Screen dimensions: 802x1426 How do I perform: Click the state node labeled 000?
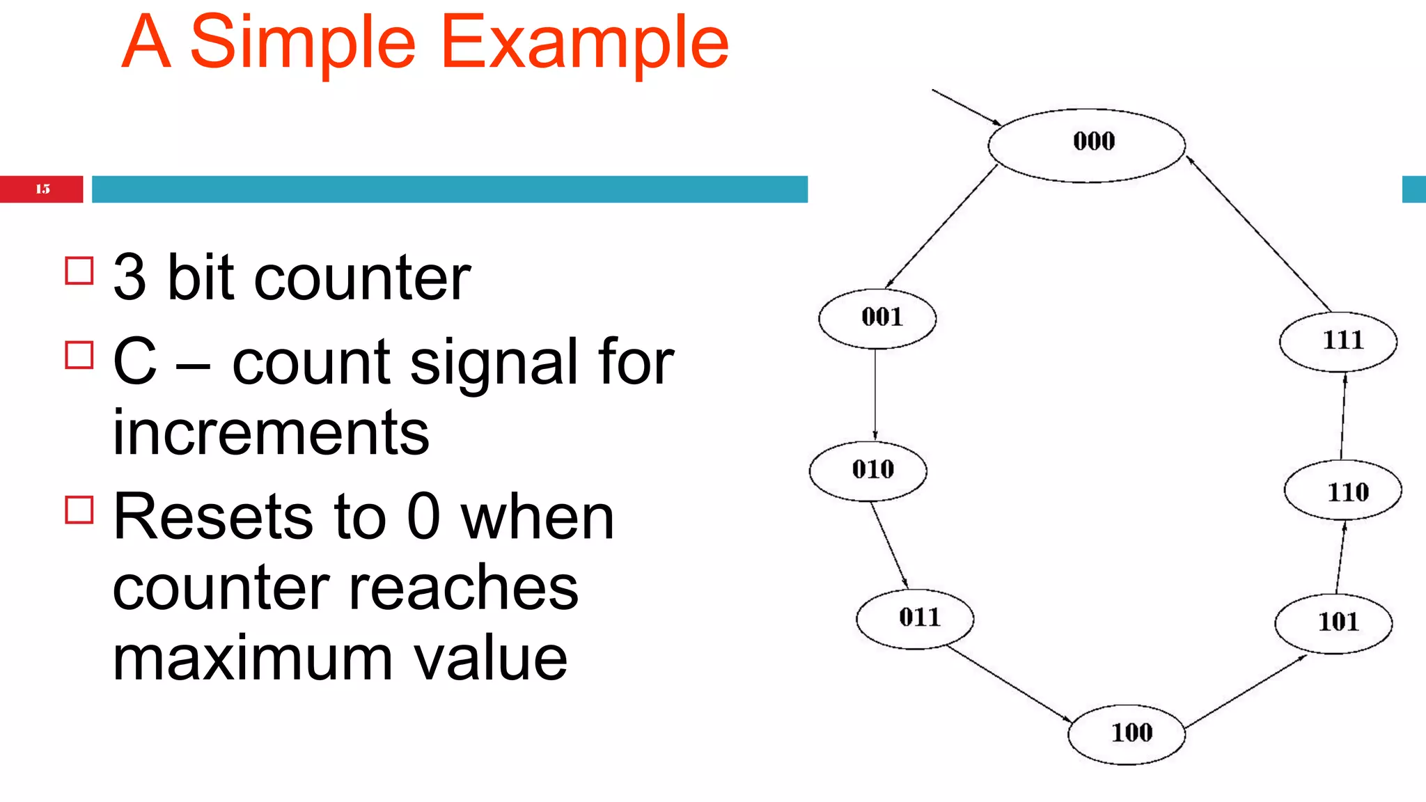(1086, 145)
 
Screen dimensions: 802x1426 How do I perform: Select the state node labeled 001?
(877, 318)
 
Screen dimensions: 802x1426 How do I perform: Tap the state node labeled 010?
(868, 471)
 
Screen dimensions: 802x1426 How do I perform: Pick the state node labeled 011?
(915, 618)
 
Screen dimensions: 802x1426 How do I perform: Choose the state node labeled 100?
(1127, 734)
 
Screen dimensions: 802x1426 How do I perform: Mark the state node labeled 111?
(1338, 341)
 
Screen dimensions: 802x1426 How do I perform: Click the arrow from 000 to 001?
(941, 226)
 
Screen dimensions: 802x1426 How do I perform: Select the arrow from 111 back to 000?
(1259, 234)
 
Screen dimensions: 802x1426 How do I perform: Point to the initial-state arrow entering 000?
(966, 107)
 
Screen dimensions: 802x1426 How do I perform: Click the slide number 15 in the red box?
(42, 189)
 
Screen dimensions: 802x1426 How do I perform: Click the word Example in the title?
(585, 43)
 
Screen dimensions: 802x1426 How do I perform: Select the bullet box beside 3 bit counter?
(79, 271)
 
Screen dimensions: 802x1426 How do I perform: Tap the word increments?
(271, 433)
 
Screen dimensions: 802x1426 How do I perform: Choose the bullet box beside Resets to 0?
(79, 509)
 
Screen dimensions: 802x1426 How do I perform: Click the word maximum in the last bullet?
(253, 659)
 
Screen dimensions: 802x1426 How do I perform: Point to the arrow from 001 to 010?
(875, 393)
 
